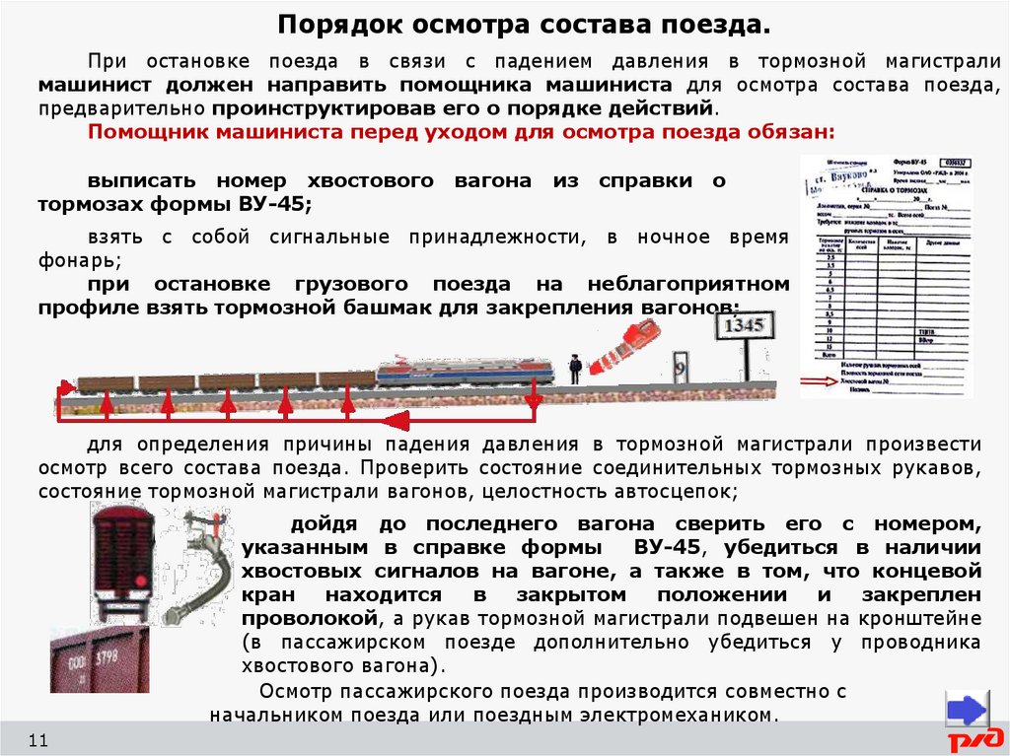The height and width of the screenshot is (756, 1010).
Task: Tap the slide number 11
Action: (38, 740)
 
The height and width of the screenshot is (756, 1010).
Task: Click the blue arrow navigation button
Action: (967, 710)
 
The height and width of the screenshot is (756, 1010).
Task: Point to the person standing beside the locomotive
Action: (575, 368)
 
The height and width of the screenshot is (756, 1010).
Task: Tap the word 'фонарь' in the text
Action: (78, 261)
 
